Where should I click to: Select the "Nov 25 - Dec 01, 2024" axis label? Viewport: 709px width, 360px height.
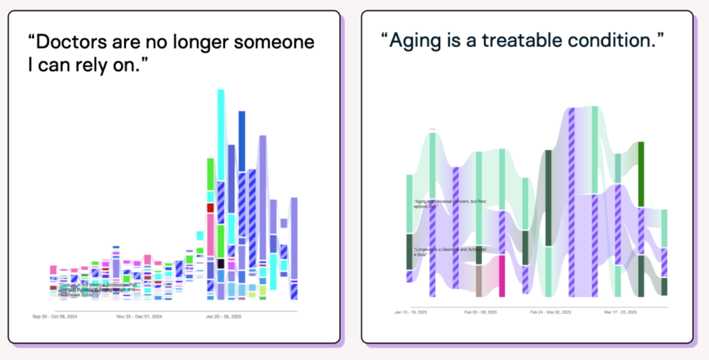click(138, 317)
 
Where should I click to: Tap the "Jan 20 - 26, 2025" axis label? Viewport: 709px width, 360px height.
click(223, 317)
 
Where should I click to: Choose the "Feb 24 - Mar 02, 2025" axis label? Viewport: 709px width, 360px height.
click(551, 312)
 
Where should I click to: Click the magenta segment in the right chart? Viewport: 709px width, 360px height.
click(502, 276)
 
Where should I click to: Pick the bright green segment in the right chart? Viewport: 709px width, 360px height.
click(641, 174)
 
